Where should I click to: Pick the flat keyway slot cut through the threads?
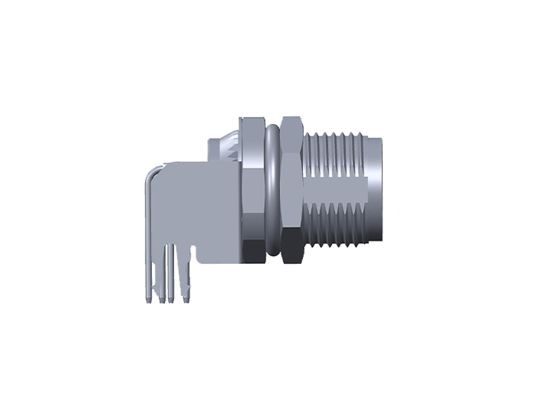point(335,187)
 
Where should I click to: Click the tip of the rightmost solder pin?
point(185,298)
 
